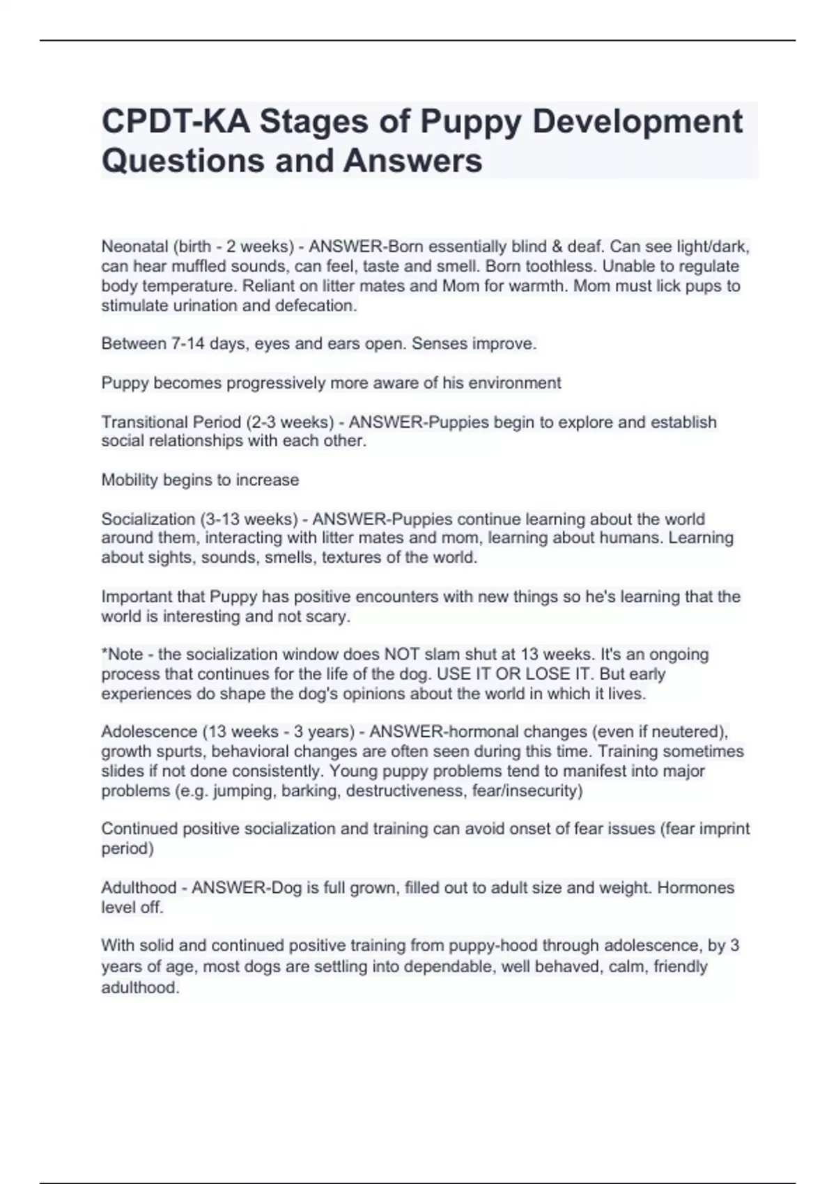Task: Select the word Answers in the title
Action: pos(412,161)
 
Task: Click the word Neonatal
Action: pos(134,247)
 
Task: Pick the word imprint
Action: pos(720,829)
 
